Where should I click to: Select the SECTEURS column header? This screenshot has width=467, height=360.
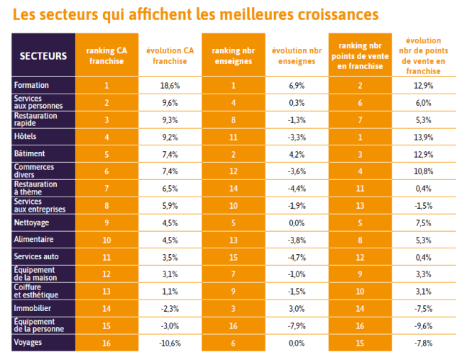(43, 55)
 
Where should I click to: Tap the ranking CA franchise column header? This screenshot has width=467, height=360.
(106, 55)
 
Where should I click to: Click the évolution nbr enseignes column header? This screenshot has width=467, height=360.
(296, 55)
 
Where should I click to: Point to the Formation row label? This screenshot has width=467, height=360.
(32, 86)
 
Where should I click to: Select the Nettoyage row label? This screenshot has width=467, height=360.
(31, 222)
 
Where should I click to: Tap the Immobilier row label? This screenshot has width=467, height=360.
(32, 308)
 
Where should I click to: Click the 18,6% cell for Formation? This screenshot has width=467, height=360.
(169, 86)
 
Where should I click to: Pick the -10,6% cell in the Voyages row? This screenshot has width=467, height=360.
(169, 342)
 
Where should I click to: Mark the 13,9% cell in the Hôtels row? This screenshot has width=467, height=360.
(424, 137)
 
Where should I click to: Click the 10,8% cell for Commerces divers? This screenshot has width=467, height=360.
(424, 171)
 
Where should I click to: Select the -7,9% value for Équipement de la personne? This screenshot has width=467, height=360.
(296, 325)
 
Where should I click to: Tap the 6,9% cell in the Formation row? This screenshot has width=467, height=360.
(296, 86)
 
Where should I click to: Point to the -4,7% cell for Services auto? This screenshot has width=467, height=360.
(296, 257)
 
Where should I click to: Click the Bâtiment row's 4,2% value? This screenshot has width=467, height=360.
(296, 154)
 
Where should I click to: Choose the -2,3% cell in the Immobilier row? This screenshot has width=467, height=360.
(169, 308)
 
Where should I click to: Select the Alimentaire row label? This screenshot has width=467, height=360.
(33, 240)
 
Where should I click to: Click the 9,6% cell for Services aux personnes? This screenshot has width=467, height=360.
(169, 103)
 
